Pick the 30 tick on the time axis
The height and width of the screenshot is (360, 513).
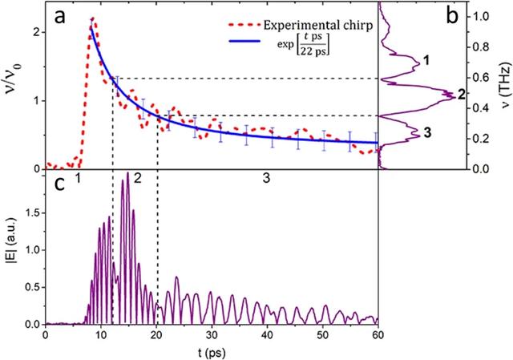[x=212, y=334]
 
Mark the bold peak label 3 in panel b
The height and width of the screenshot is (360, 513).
[x=428, y=134]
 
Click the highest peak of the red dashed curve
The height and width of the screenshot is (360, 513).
[x=93, y=19]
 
